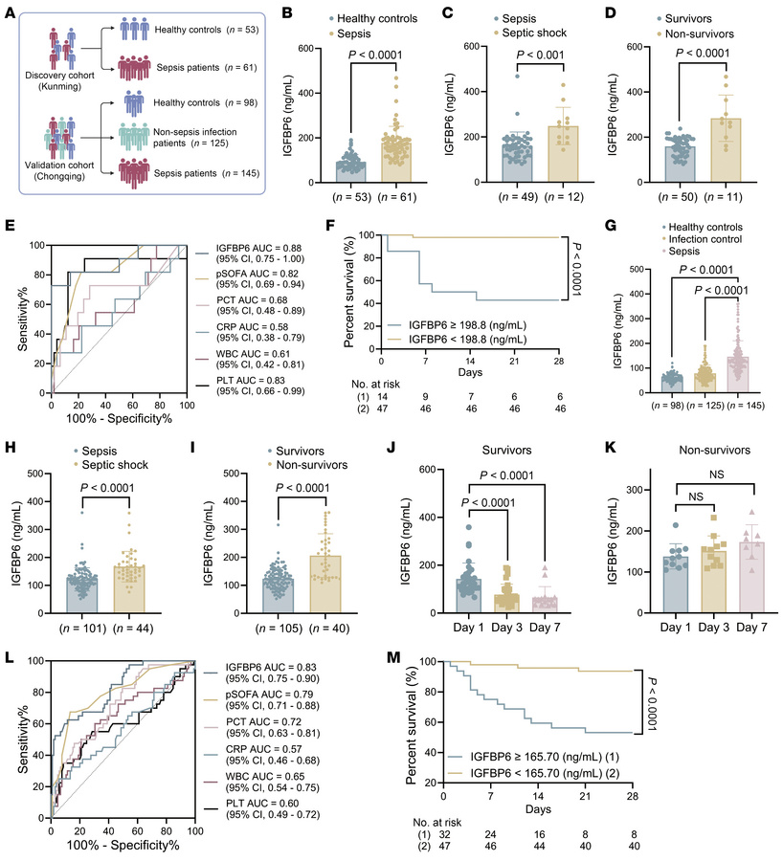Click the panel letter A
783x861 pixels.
(x=11, y=12)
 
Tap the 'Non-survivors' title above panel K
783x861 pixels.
(x=693, y=447)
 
